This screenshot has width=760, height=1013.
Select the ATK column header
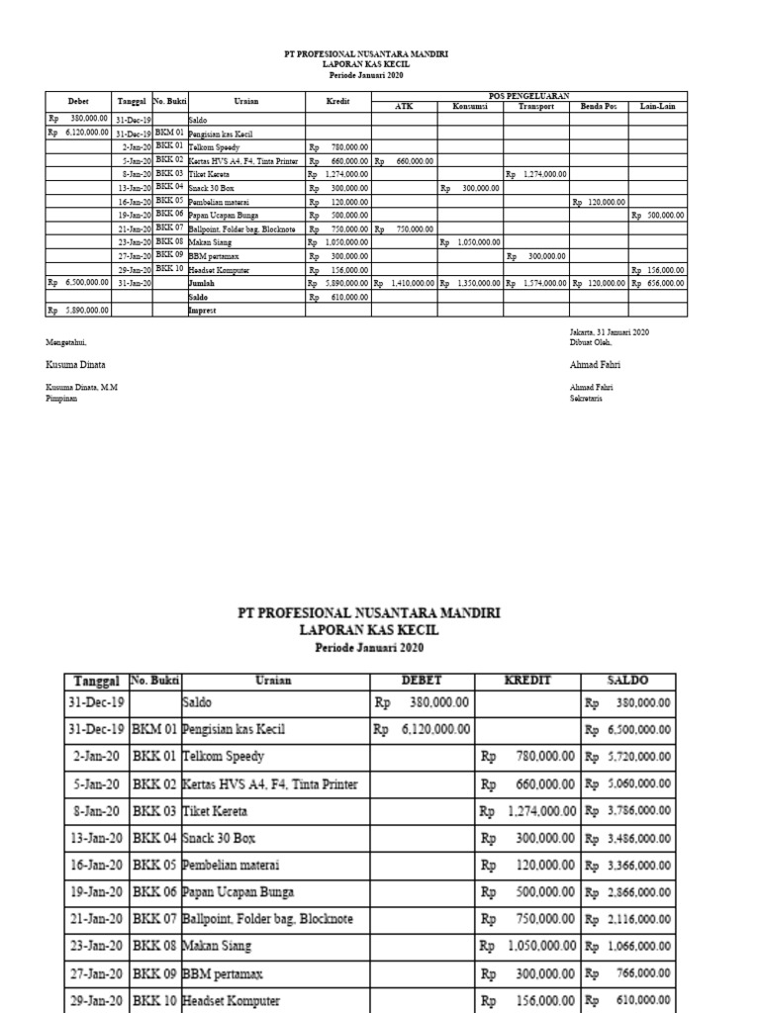[404, 106]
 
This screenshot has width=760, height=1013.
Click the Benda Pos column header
[599, 106]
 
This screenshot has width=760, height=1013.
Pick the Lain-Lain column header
[658, 106]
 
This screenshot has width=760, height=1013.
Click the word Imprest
[202, 309]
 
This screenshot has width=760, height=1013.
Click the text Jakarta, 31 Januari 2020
[603, 332]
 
